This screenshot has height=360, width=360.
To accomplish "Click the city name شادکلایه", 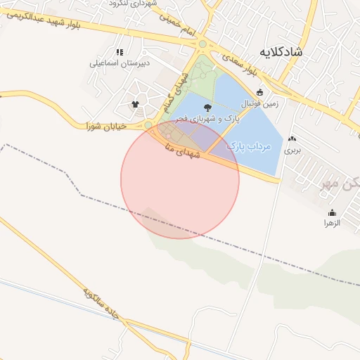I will pos(281,52).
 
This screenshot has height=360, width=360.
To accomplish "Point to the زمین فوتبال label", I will pos(261,103).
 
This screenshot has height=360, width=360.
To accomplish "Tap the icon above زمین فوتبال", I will pos(259,92).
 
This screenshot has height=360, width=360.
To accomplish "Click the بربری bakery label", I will pos(292,150).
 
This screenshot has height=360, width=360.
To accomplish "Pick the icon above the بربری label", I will pos(292,139).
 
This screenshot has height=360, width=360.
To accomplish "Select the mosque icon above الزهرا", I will pos(332,212).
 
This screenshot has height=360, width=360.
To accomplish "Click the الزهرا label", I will pos(332,223).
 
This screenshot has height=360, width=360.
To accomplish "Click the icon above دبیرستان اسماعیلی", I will pos(120,51).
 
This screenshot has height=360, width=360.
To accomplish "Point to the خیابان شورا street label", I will pos(105,127).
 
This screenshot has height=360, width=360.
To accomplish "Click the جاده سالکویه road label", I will pos(103,303).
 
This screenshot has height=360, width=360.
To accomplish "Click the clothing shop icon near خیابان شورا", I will pos(135,104).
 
